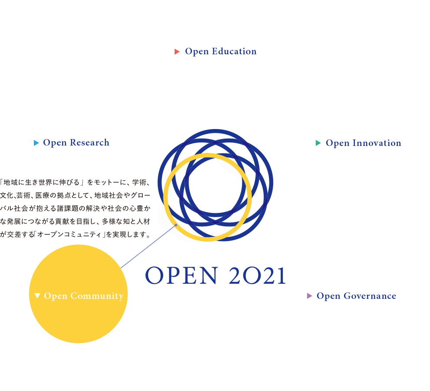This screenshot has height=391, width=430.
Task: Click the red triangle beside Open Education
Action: [177, 52]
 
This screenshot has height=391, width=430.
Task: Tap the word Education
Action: [234, 51]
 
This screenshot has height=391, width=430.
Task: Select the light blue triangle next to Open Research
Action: [36, 143]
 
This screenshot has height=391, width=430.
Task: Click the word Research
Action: [89, 142]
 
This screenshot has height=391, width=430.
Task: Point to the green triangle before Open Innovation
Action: [318, 143]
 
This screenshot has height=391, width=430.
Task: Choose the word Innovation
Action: [377, 143]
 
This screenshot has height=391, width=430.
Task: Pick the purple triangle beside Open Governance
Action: [310, 296]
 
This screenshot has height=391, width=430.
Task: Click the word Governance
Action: [370, 296]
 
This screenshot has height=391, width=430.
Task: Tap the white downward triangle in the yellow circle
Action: [37, 295]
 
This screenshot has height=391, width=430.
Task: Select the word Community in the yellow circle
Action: [97, 296]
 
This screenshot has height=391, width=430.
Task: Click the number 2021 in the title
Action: [258, 276]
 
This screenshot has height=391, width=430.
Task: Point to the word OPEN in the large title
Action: [182, 275]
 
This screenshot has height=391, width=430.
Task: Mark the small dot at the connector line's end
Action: [176, 225]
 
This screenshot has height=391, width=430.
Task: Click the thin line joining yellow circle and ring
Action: [148, 246]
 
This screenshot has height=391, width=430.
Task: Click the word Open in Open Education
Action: [197, 52]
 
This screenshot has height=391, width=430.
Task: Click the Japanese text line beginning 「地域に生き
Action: [75, 182]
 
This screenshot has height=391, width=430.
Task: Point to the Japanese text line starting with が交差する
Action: [75, 234]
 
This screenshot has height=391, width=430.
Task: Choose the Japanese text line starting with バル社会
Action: [75, 208]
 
